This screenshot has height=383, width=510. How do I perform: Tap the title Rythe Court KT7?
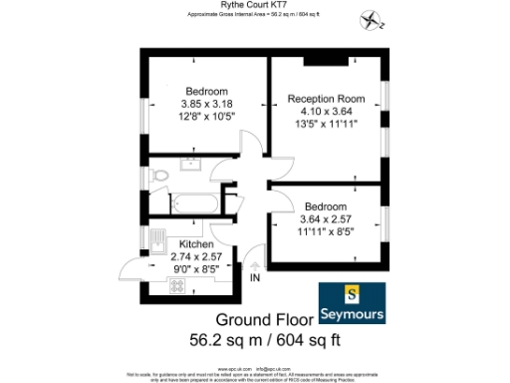[255, 5]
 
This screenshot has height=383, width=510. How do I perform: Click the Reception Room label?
[328, 99]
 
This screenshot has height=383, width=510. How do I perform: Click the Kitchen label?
[197, 244]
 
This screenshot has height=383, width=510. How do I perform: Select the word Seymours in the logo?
[357, 314]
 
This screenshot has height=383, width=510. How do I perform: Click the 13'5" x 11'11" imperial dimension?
[328, 125]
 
